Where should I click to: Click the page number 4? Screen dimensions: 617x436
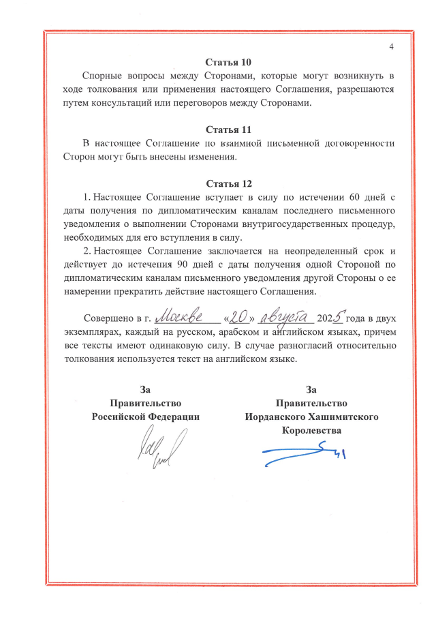point(392,46)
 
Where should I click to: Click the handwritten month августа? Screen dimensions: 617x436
point(286,317)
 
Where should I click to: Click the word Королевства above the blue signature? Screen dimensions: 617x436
point(311,431)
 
